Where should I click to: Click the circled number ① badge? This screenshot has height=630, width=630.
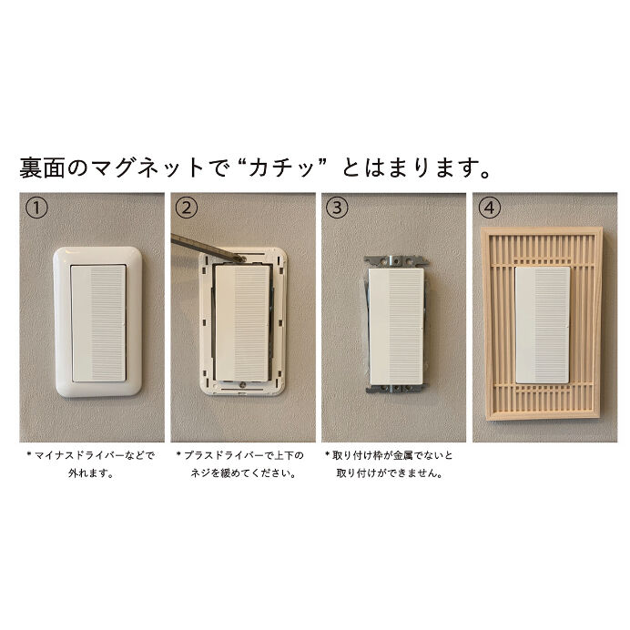pos(35,208)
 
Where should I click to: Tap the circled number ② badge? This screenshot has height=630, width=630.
pos(187,208)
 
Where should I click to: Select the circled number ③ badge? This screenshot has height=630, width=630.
pos(338,208)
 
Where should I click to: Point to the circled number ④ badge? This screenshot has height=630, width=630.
pos(490,208)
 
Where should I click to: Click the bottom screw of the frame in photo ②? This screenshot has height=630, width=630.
pos(242,383)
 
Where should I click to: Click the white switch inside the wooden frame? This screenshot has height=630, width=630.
pos(543,326)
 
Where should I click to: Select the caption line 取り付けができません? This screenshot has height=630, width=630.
pos(389,473)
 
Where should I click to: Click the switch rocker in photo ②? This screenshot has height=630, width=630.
pos(240,321)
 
